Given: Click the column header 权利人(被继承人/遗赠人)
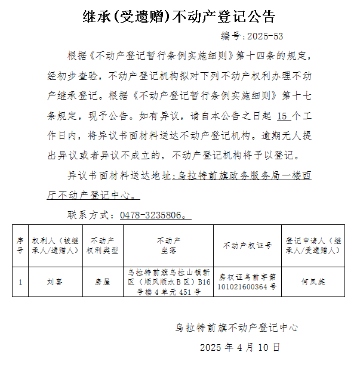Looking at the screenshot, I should click(56, 245).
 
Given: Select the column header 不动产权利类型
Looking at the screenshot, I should click(103, 245).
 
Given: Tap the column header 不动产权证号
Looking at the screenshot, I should click(248, 245).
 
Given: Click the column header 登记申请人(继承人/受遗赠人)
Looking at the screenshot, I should click(313, 245).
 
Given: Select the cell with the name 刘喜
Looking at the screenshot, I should click(56, 282).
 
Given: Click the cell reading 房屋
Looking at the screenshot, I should click(103, 282).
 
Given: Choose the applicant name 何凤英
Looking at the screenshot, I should click(313, 282).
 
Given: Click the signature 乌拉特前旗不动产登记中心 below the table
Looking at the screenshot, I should click(236, 328).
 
